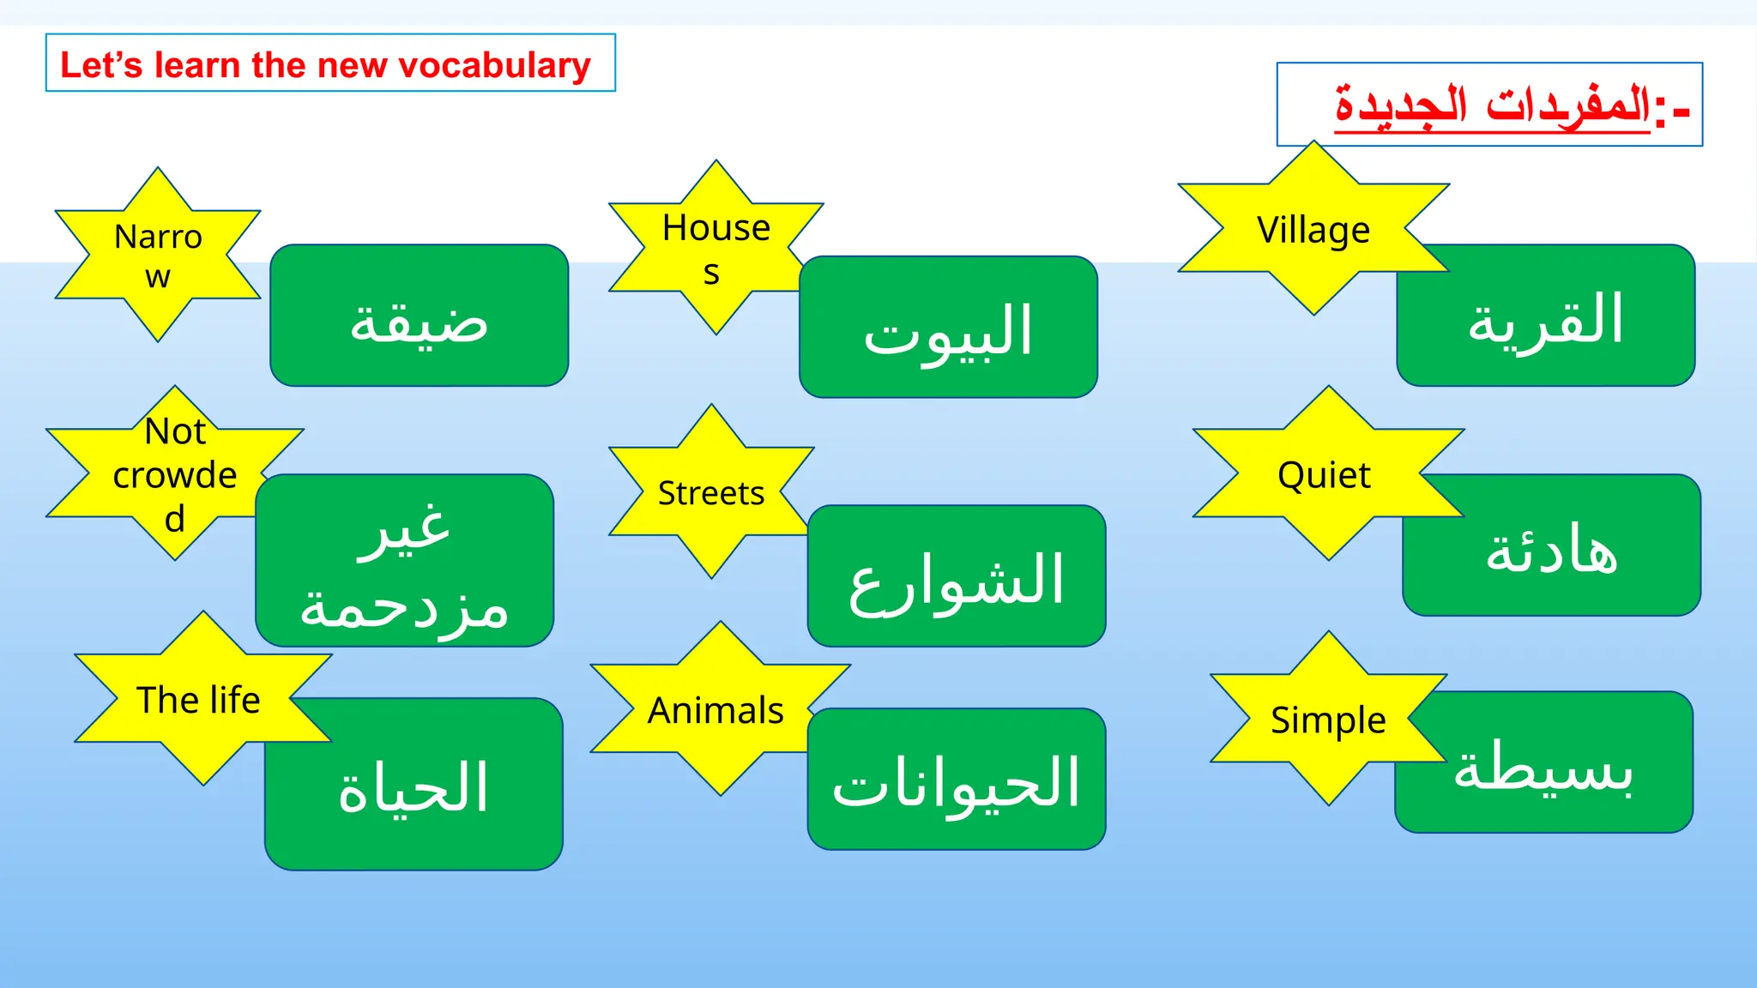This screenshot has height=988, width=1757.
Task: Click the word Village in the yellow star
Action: (x=1313, y=230)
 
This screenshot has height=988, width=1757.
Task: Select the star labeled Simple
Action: (x=1328, y=720)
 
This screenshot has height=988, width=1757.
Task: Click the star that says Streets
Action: (x=711, y=492)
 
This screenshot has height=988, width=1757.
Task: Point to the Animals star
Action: (x=716, y=710)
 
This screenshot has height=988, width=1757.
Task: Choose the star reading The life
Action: (x=200, y=699)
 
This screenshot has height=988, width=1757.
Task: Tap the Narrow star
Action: (x=158, y=256)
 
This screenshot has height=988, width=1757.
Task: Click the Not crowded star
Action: (x=175, y=474)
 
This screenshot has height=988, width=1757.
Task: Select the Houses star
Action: (x=715, y=249)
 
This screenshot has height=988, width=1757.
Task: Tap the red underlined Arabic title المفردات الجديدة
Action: (x=1493, y=105)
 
